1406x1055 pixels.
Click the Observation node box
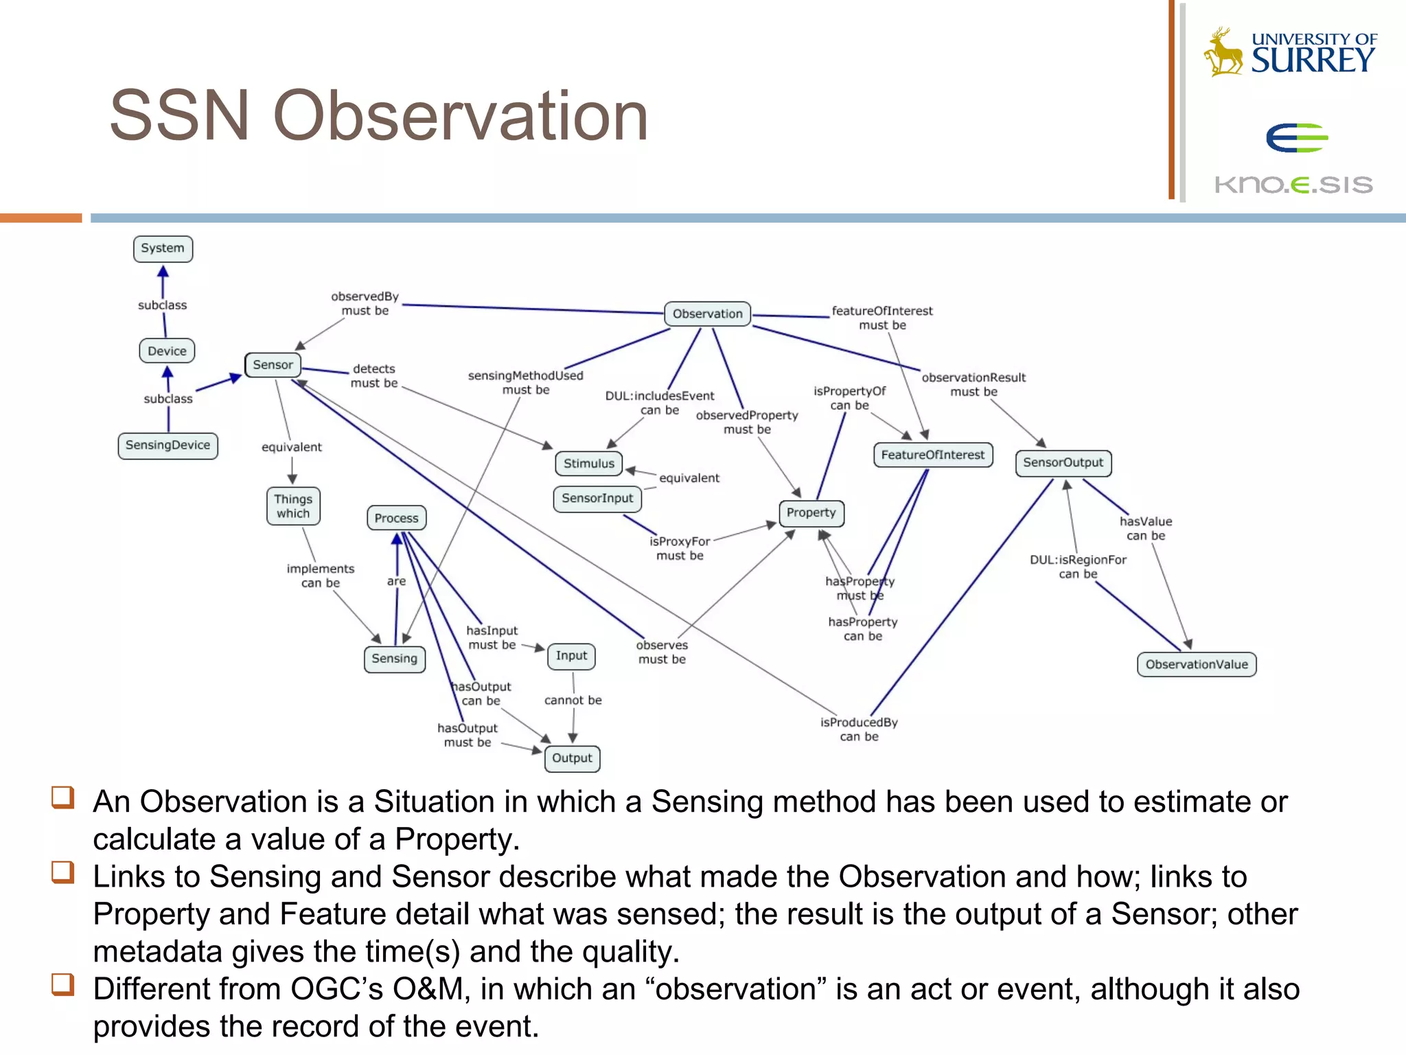(707, 314)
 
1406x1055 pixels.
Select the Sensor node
(273, 365)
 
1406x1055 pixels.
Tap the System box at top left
(163, 248)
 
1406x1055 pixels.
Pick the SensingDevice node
(168, 445)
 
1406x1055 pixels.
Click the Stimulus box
(588, 464)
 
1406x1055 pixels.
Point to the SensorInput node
(597, 498)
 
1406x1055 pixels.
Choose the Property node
(811, 512)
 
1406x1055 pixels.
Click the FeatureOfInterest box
(932, 455)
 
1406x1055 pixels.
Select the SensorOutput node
(1063, 462)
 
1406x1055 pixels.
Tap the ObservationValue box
(1197, 664)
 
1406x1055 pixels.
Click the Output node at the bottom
(572, 758)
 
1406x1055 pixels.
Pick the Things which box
(293, 506)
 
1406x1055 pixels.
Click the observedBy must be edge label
(365, 304)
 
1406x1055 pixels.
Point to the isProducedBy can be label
(859, 729)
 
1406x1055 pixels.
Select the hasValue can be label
(1146, 528)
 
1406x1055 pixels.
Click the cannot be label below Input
(573, 700)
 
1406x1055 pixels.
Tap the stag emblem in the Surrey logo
(1224, 52)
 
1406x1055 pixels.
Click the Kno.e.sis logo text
(1293, 185)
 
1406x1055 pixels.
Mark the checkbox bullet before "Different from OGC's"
(62, 984)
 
